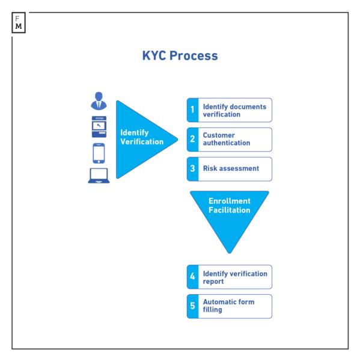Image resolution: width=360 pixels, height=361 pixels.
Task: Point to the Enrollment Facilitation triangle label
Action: point(229,206)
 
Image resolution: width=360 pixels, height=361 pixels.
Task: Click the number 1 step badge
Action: point(192,110)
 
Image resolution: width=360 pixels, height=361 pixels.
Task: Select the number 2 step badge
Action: point(192,140)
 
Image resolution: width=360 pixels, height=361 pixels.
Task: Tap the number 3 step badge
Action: point(192,169)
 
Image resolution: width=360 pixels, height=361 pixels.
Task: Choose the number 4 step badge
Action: point(192,277)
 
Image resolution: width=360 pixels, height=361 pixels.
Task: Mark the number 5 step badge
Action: point(192,306)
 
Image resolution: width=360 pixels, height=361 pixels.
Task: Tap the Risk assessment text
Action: point(231,168)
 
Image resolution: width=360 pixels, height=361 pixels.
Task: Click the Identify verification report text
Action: point(234,277)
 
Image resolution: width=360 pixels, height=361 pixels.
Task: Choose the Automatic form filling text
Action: point(228,306)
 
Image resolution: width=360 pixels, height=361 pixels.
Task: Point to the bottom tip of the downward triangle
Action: point(229,253)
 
